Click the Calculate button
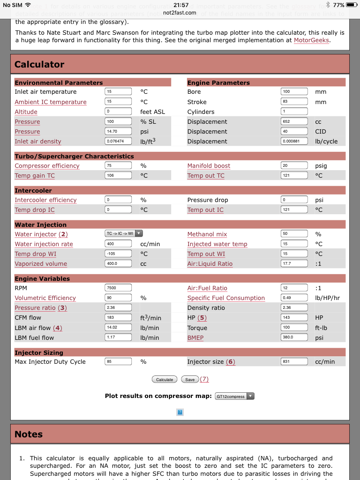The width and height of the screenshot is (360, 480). coord(165,379)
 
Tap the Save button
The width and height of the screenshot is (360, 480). coord(190,379)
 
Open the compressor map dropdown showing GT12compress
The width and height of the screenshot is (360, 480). coord(234,396)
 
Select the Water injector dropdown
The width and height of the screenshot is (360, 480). coord(124,233)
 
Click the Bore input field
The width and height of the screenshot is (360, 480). coord(294,91)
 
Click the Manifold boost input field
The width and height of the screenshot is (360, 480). coord(294,165)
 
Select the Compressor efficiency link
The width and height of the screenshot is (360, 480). coord(47,165)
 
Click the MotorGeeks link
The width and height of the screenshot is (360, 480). coord(312,40)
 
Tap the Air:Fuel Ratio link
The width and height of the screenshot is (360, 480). coord(207,288)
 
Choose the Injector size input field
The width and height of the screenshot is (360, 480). coord(294,361)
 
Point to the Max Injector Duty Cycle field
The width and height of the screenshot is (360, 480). coord(118,361)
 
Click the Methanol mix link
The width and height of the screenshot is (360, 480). coord(207,234)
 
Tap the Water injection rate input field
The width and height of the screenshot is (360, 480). coord(118,244)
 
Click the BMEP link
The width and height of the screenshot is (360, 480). coord(195,337)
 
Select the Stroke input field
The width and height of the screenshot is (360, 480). coord(294,101)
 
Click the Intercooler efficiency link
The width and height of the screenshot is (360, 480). coord(45,200)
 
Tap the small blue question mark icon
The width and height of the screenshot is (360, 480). coord(180,412)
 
